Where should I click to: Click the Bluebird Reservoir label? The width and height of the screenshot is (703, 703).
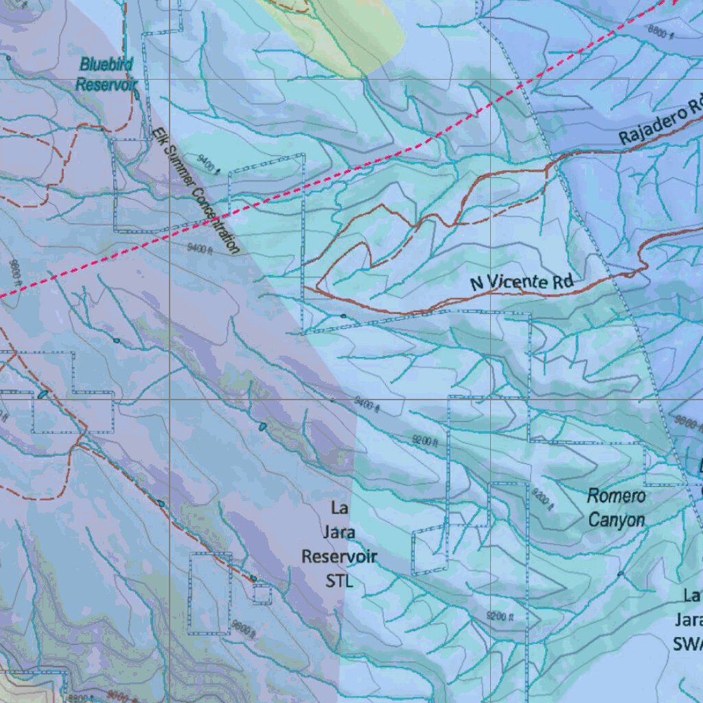click(x=106, y=74)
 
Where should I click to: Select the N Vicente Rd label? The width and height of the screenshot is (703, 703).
click(x=522, y=282)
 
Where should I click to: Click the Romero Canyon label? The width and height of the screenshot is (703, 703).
click(x=616, y=507)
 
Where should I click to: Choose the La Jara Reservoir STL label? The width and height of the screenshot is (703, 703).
click(x=339, y=545)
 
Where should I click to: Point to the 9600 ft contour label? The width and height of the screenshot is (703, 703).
click(x=243, y=627)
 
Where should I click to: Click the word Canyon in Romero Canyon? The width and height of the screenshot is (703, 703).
click(x=616, y=520)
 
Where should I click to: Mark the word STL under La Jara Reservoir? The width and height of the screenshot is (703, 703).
click(x=339, y=581)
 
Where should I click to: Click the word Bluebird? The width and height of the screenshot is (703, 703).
click(x=106, y=65)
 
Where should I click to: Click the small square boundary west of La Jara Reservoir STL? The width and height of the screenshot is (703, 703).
click(x=262, y=594)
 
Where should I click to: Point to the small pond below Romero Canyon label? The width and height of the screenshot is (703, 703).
click(x=620, y=573)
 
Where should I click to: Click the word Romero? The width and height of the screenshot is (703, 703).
click(x=616, y=496)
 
